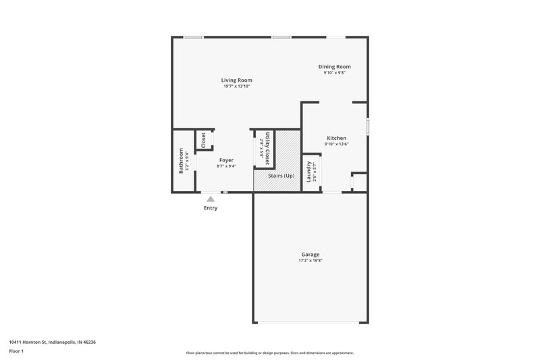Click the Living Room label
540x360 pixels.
coord(236,80)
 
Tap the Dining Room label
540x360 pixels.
coord(334,66)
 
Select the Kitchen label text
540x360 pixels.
coord(336,137)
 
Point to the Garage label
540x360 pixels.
coord(310,255)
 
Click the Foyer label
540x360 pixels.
coord(226,160)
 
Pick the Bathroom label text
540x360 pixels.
coord(181,161)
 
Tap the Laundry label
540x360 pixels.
coord(308,172)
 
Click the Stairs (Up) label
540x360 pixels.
coord(281,176)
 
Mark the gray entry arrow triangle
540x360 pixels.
coord(211,199)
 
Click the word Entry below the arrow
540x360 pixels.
coord(211,208)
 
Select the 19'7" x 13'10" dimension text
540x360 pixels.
coord(236,86)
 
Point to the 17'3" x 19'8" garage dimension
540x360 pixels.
coord(310,261)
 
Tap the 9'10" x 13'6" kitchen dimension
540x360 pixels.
coord(336,144)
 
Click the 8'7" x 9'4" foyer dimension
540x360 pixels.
coord(226,166)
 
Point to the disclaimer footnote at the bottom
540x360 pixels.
coord(270,353)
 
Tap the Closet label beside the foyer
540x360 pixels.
coord(203,140)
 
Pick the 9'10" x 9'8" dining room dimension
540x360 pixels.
coord(334,73)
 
